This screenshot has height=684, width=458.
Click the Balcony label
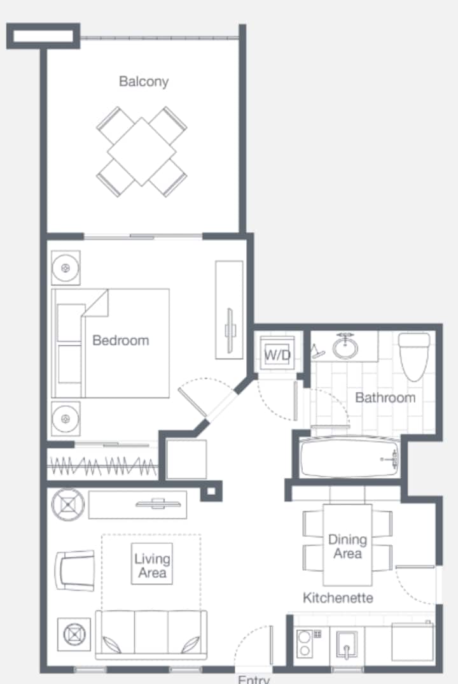tap(144, 82)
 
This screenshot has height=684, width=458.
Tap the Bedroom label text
tap(121, 340)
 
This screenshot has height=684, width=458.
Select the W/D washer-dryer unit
tap(277, 353)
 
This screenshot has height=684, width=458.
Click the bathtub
tap(349, 458)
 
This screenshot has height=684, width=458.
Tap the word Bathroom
tap(385, 397)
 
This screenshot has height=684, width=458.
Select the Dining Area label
tap(348, 546)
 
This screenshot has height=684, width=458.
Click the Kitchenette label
tap(338, 597)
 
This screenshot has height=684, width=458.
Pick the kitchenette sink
tap(347, 645)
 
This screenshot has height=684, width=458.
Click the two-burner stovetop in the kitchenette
tap(305, 643)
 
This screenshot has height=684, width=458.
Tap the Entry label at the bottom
tap(254, 679)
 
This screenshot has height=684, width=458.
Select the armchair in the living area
tap(75, 571)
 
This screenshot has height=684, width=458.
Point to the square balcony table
tap(142, 152)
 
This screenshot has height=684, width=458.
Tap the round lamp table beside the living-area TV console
tap(68, 504)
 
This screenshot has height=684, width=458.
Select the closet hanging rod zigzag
tap(103, 466)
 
